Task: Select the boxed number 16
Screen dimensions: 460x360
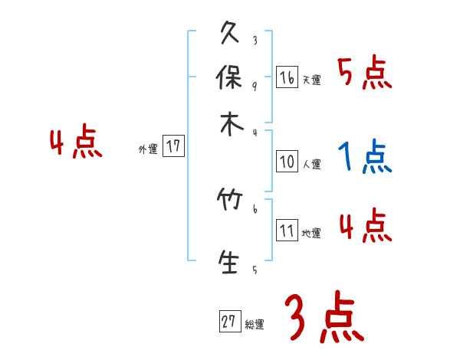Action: [287, 77]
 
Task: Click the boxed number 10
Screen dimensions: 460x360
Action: [287, 162]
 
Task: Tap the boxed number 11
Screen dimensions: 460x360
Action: [287, 231]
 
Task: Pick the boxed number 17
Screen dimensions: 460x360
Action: [174, 146]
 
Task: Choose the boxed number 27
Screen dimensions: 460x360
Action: [229, 322]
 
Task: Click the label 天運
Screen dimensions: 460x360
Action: [311, 80]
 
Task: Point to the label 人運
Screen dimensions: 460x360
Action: [311, 164]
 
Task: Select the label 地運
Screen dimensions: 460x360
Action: [311, 233]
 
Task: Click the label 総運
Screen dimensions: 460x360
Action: [255, 324]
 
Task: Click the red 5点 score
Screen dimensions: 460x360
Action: [364, 74]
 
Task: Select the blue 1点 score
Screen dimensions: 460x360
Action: [364, 158]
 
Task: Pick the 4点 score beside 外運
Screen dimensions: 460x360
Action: [76, 144]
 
